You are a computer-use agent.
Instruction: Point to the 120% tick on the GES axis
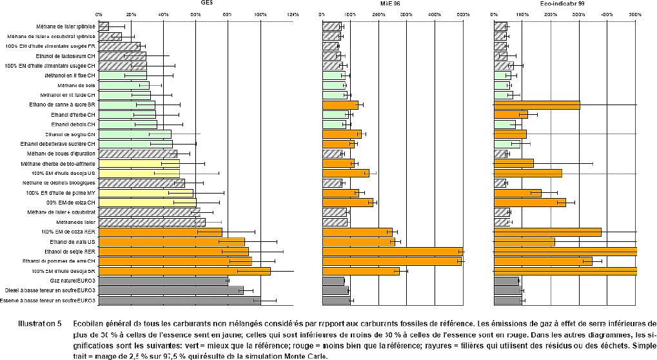[293, 14]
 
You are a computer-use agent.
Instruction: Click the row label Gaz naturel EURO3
[72, 281]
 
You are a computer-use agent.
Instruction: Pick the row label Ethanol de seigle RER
[72, 252]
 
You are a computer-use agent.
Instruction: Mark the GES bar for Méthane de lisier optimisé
[104, 26]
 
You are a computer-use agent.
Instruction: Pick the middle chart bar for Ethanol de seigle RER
[393, 252]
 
